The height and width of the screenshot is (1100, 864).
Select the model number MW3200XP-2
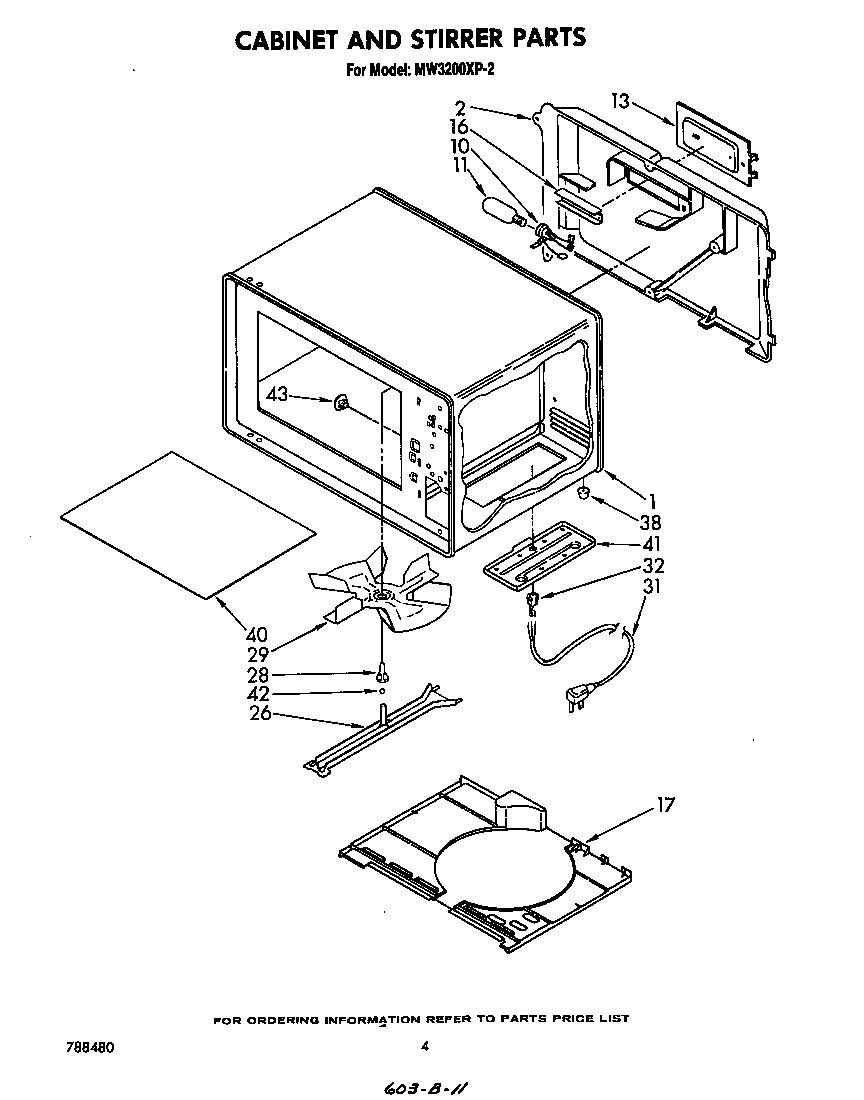(x=448, y=70)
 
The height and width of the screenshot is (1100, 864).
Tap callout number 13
(x=620, y=100)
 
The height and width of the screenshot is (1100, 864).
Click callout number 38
(x=650, y=521)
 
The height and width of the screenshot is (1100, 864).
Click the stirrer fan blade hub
(x=381, y=597)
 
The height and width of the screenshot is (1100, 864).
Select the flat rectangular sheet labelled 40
(x=187, y=523)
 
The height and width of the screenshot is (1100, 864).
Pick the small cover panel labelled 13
(x=714, y=141)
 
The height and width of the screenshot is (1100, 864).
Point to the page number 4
(x=425, y=1047)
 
